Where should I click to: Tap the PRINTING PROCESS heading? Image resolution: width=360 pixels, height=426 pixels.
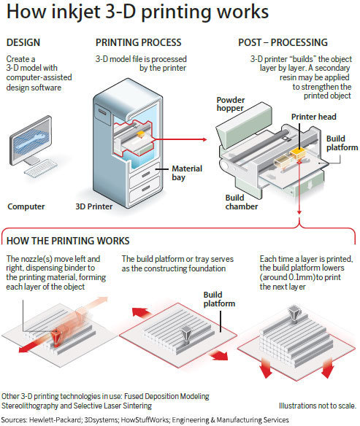tap(138, 42)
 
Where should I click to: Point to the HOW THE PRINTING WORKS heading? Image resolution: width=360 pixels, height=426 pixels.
tap(68, 240)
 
